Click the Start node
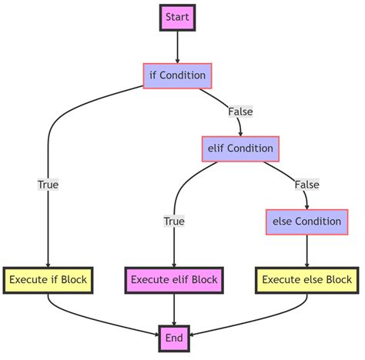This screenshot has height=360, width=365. (x=177, y=17)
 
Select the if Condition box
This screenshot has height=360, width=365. (x=177, y=75)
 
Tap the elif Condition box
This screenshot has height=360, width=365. (x=240, y=148)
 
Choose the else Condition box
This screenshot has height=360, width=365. (x=306, y=222)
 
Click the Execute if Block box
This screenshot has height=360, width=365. (x=49, y=279)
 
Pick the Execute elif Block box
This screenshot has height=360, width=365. (x=174, y=279)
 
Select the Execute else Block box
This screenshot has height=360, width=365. (x=306, y=279)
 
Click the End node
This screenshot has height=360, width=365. (x=174, y=337)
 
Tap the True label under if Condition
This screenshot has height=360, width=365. (x=49, y=185)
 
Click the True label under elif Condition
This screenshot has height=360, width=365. (x=174, y=222)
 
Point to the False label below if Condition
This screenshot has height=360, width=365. (x=240, y=112)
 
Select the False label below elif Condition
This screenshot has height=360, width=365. (x=306, y=185)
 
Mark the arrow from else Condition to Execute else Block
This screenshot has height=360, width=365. (x=306, y=250)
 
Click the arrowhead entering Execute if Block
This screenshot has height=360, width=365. (x=49, y=262)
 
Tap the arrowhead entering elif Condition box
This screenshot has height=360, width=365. (x=240, y=132)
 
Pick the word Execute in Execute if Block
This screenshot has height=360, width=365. (x=29, y=279)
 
